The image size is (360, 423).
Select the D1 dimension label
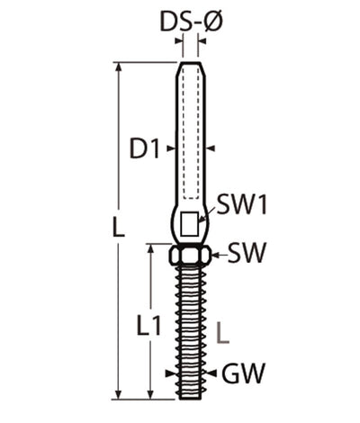click(x=145, y=147)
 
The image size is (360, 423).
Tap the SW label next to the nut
click(x=246, y=252)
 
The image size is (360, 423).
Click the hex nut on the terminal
click(x=190, y=255)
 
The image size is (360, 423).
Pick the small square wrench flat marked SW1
click(x=189, y=222)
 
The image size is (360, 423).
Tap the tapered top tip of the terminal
click(x=190, y=70)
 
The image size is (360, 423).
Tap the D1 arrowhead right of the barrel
click(x=211, y=147)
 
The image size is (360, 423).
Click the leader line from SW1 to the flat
click(x=206, y=214)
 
